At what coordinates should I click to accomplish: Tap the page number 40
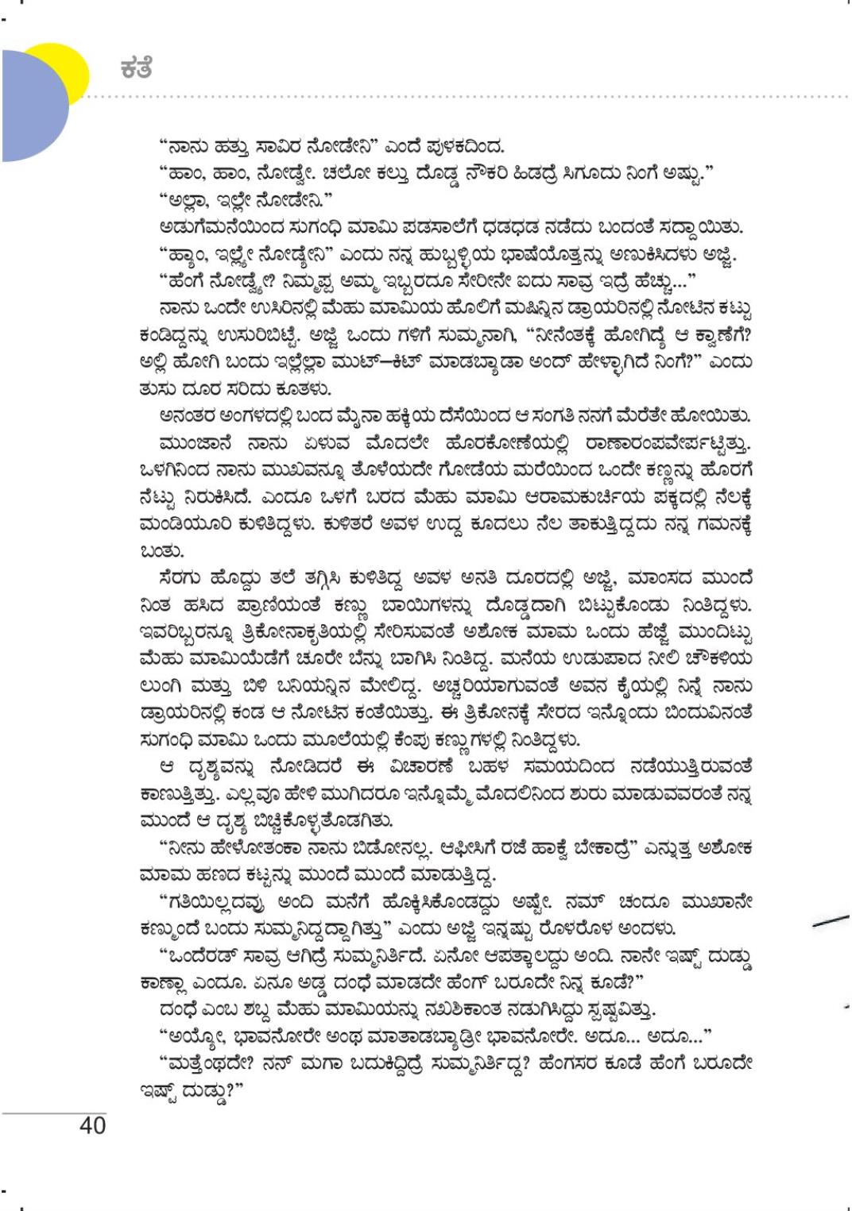[92, 1125]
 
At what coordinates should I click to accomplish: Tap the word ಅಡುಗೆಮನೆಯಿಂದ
[210, 228]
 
